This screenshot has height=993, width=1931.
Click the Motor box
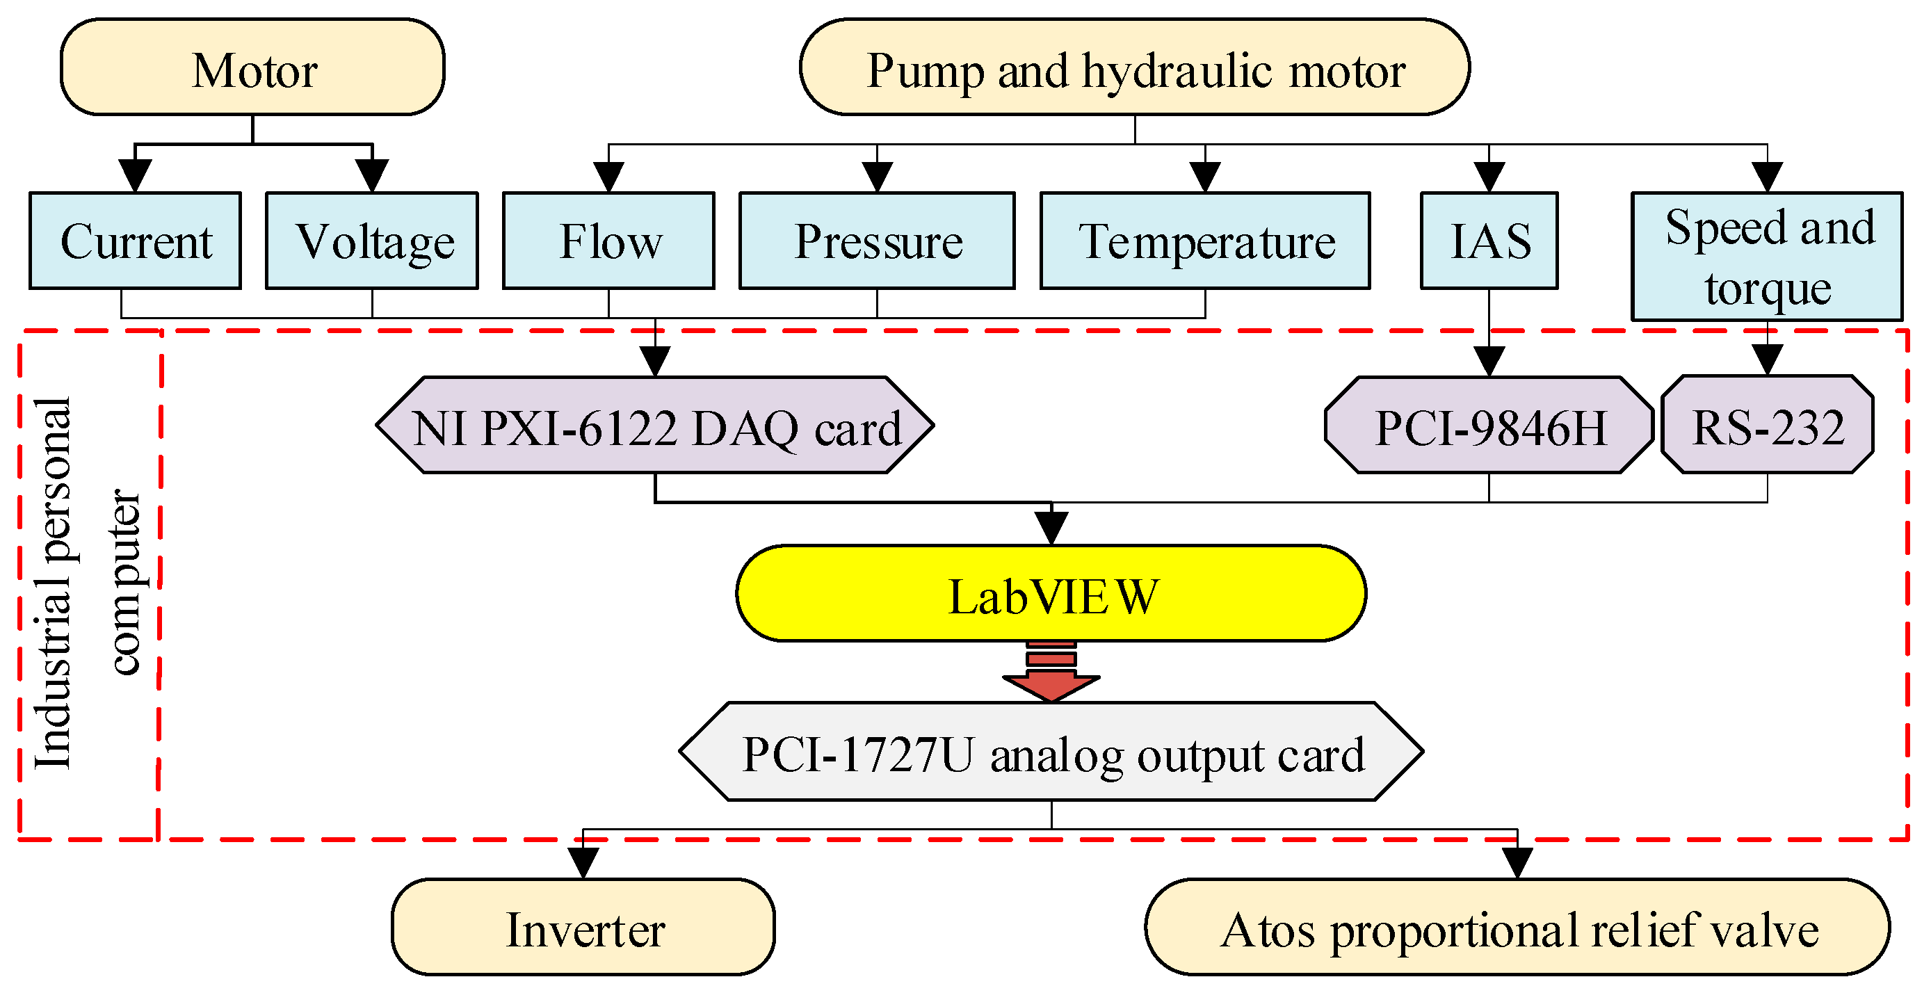(252, 67)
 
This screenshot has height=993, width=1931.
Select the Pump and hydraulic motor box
(1134, 67)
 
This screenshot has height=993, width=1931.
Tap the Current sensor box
(135, 241)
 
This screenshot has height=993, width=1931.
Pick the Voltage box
(372, 241)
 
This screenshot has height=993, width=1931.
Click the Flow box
(608, 241)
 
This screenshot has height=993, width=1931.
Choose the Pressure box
(877, 241)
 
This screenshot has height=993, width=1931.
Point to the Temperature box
(1204, 241)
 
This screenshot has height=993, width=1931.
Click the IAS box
(1489, 241)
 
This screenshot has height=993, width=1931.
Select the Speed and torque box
(1767, 257)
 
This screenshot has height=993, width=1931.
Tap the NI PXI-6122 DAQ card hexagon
(654, 425)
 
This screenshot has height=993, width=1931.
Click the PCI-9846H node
(1489, 425)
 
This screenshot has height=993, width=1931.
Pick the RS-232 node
(1767, 425)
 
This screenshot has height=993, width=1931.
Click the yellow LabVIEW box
(1051, 594)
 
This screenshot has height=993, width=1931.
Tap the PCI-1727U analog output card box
(1051, 752)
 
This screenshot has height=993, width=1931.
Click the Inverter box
(583, 927)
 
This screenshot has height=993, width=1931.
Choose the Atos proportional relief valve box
(1517, 927)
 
